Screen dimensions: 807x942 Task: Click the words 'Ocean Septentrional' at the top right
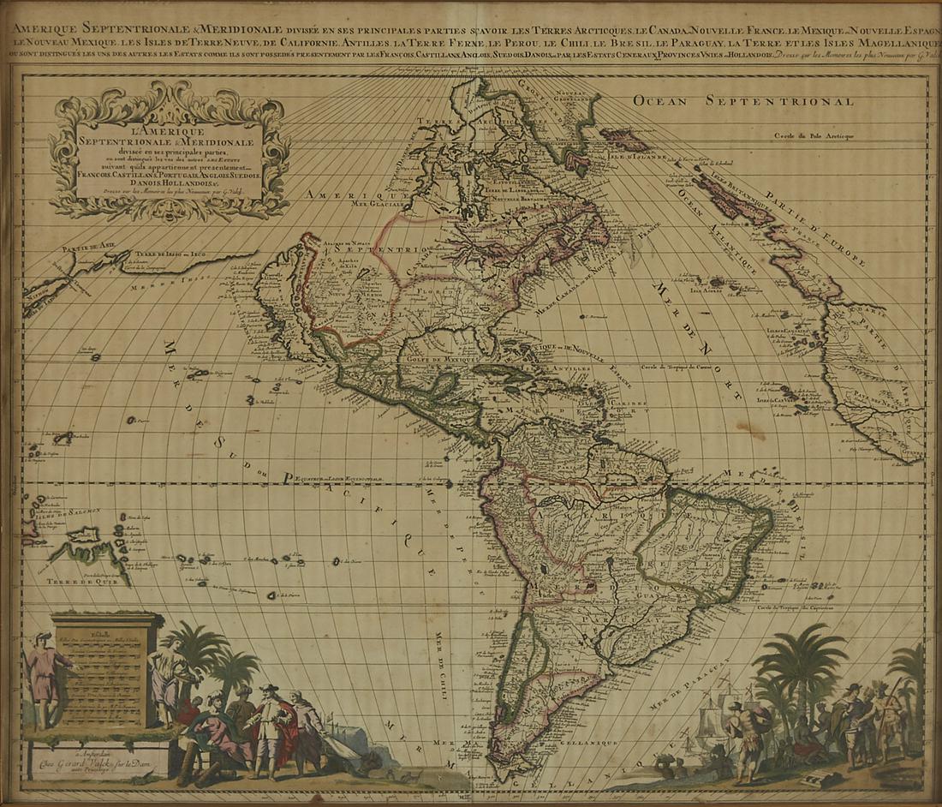pyautogui.click(x=743, y=101)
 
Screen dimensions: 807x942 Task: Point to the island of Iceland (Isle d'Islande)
pyautogui.click(x=625, y=137)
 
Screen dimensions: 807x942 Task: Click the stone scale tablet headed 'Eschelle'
pyautogui.click(x=107, y=668)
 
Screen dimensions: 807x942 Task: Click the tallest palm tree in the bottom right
pyautogui.click(x=802, y=664)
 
